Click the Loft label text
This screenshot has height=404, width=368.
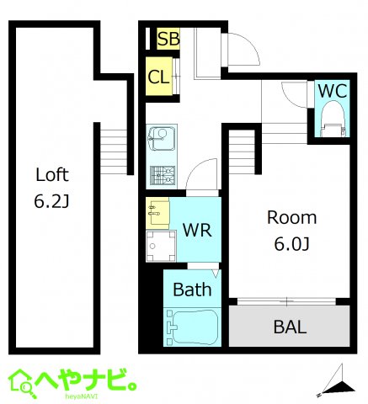51,176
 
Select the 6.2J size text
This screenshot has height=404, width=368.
51,202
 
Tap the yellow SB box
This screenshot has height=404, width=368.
168,39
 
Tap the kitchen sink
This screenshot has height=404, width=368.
159,135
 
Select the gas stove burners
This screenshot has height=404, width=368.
161,175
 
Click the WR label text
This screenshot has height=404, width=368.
196,230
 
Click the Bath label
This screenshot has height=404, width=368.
192,290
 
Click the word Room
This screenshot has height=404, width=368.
291,218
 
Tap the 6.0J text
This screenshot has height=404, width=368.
291,245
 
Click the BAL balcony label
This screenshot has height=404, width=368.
290,327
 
